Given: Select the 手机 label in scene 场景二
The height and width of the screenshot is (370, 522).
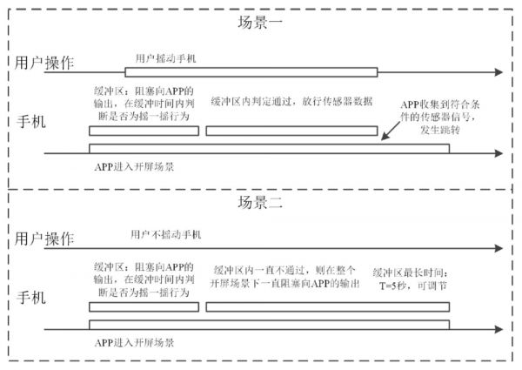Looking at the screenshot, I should (x=31, y=299).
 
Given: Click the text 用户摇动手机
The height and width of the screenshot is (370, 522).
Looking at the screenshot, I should (x=167, y=57).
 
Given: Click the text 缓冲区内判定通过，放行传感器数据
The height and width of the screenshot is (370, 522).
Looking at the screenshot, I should (x=292, y=101).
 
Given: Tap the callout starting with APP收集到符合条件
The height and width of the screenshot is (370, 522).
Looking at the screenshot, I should (x=452, y=115).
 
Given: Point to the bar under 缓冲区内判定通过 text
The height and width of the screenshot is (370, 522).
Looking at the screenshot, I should (x=291, y=131).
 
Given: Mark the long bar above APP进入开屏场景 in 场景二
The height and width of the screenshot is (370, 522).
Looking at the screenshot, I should (x=269, y=324).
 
